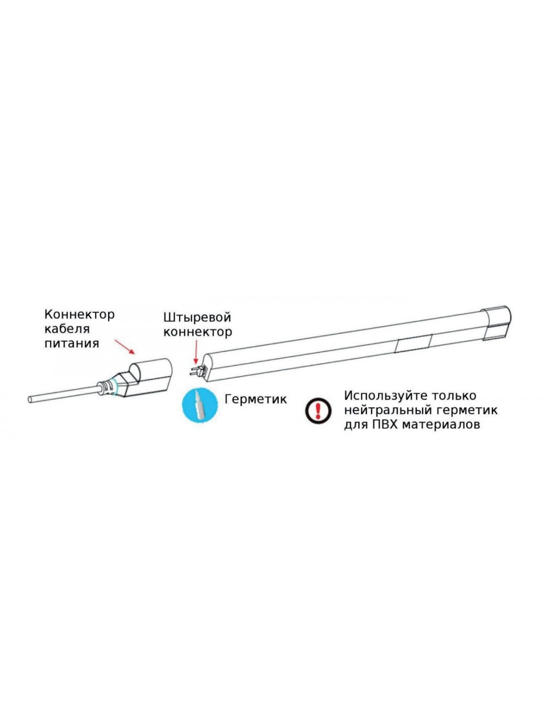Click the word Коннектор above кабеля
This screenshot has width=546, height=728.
80,314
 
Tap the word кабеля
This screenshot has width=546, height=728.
67,329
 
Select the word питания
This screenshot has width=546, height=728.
72,343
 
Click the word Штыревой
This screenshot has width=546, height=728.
197,318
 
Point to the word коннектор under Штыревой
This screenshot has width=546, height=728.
197,332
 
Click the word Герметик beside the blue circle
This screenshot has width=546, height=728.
255,399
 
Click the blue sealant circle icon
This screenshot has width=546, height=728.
200,406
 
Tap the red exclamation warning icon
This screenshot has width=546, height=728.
318,411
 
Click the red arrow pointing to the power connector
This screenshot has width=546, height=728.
125,347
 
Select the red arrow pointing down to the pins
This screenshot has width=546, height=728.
196,352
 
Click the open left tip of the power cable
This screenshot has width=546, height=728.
30,399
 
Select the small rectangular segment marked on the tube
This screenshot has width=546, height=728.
413,344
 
